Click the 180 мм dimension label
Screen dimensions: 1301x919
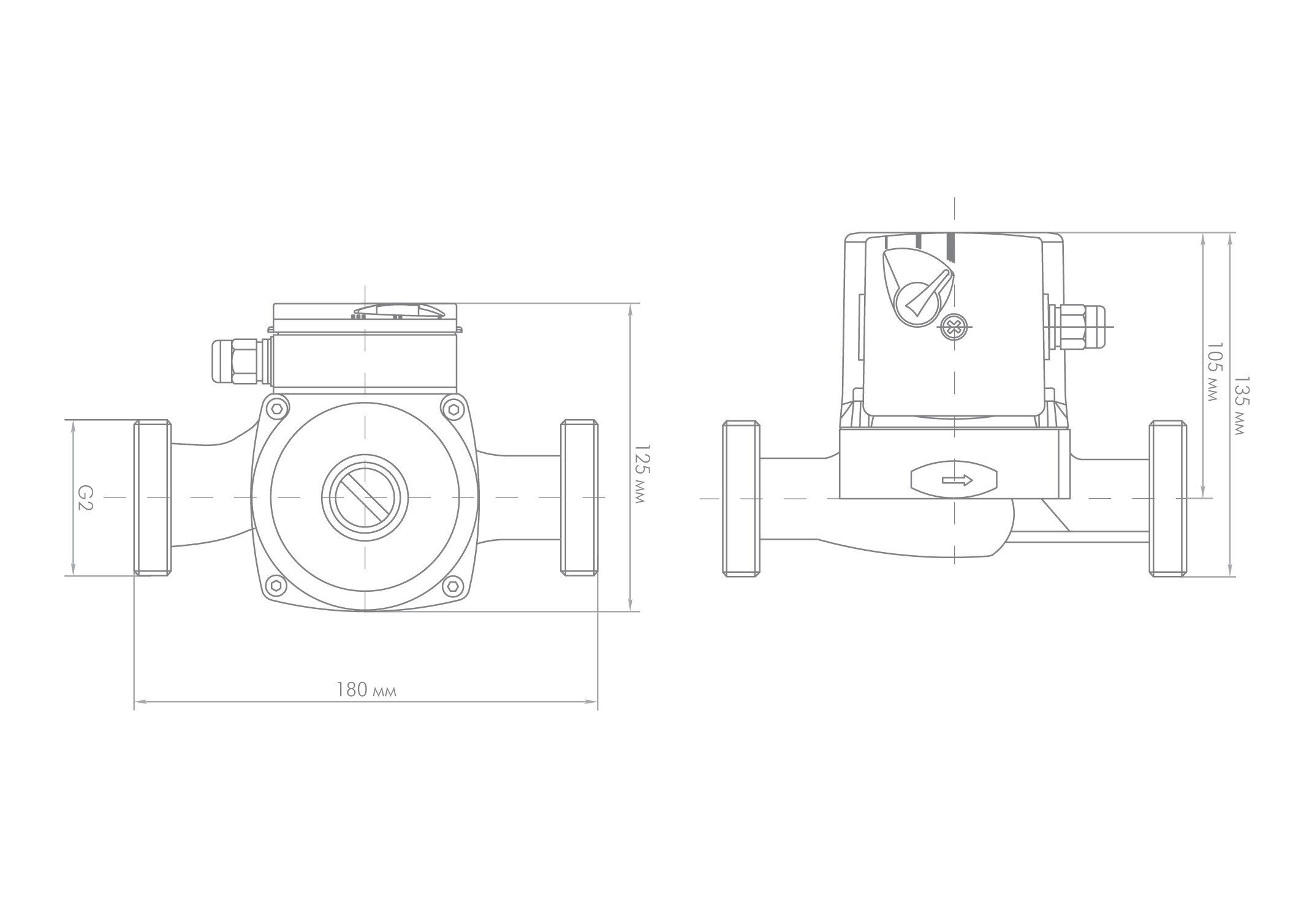coord(366,690)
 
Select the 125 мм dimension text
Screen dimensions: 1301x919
coord(640,474)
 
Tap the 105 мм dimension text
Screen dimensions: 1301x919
coord(1213,372)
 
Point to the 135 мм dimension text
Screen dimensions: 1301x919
coord(1238,406)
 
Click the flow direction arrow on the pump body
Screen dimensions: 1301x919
coord(957,480)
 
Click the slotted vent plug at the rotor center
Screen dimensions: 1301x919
coord(365,497)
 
